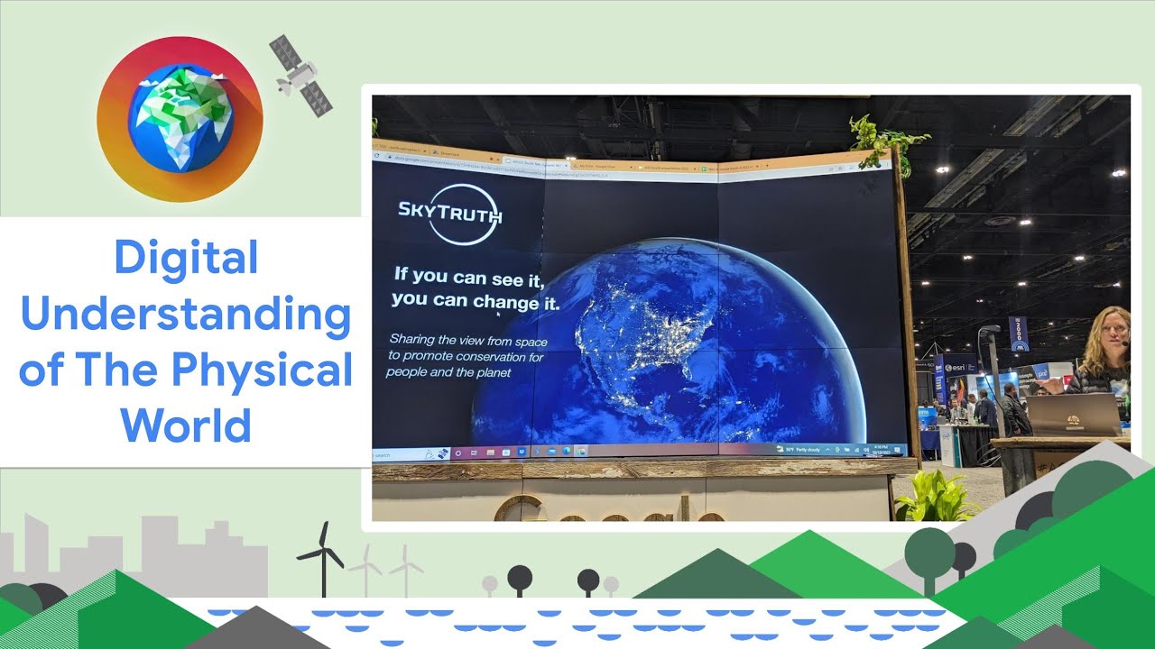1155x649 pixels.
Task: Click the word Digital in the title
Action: tap(186, 259)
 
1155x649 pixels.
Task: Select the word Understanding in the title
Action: tap(186, 315)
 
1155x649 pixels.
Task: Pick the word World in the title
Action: tap(186, 425)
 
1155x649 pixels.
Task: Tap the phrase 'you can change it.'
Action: tap(476, 300)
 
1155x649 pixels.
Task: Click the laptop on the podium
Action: tap(1072, 415)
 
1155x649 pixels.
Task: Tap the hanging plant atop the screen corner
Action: tap(880, 140)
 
